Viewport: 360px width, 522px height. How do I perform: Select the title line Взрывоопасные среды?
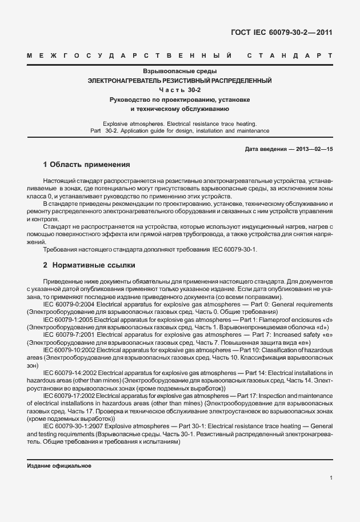[179, 71]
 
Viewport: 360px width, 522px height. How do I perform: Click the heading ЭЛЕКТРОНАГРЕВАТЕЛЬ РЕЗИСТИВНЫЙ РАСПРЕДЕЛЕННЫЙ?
[179, 81]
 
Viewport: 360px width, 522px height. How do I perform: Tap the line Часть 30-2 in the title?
[179, 90]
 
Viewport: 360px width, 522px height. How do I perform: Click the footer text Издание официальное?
[59, 466]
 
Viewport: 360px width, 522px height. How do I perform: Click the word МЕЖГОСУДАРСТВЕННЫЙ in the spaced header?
[129, 56]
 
